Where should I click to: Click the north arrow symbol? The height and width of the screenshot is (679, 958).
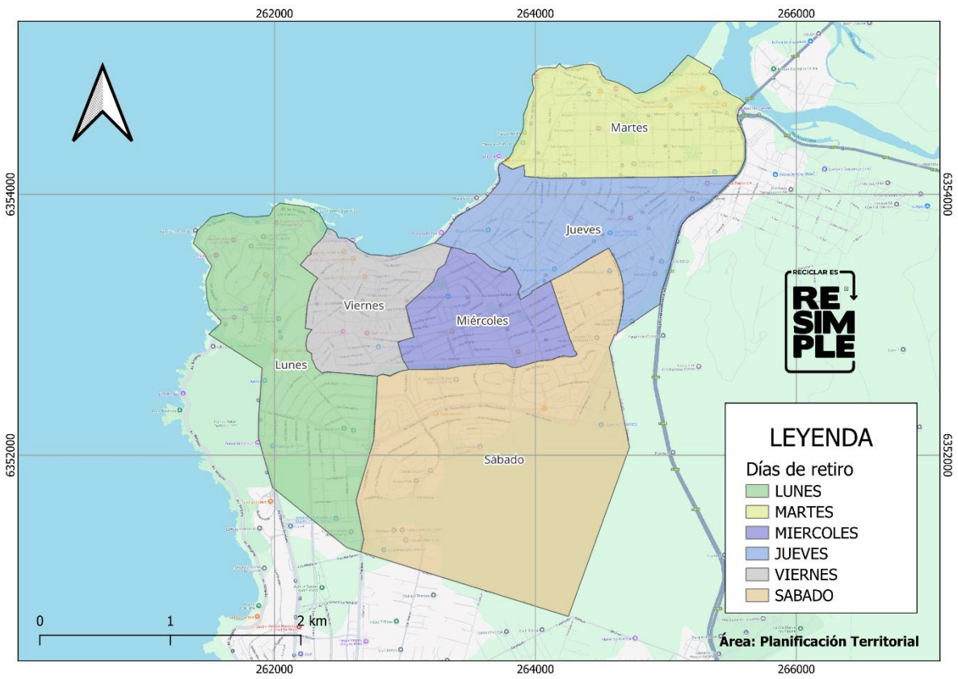103,103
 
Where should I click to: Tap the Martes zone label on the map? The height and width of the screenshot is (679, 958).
628,128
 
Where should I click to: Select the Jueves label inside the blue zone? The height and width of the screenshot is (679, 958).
582,230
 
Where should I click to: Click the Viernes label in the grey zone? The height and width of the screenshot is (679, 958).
363,306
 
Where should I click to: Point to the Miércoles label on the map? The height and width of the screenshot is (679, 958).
482,321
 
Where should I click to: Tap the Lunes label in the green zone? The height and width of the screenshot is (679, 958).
291,365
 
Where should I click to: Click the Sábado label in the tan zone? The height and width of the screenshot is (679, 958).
505,460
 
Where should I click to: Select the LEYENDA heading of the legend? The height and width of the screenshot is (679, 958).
821,437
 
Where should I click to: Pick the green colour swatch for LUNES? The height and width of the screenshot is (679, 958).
756,491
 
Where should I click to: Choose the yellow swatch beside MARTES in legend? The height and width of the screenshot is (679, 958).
756,512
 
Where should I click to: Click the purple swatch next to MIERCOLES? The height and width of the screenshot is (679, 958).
756,533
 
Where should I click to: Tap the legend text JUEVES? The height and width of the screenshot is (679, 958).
801,554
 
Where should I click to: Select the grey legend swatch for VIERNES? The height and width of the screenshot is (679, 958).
756,575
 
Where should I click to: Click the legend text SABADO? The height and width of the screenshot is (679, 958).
804,596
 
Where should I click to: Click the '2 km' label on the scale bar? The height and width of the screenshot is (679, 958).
311,621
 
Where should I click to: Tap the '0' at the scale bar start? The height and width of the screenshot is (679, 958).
40,621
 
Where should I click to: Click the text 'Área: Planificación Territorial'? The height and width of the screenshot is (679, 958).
818,641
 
